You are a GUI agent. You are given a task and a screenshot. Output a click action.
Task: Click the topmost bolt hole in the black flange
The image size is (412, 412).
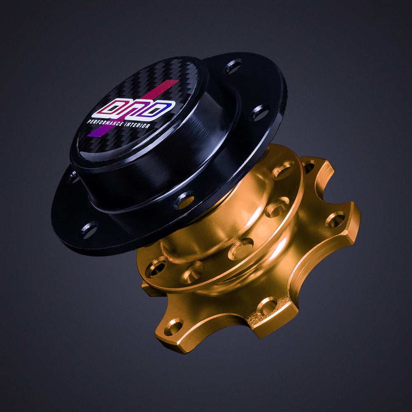234,66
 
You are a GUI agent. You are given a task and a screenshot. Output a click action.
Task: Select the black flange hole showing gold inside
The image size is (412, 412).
184,200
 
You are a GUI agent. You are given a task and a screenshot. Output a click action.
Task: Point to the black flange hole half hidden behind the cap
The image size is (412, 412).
74,178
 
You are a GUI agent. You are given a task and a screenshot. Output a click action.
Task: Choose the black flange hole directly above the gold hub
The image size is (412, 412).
260,112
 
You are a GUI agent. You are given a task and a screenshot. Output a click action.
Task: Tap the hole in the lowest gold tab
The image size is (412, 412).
173,328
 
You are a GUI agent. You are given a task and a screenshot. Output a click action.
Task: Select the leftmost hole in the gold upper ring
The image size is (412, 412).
156,268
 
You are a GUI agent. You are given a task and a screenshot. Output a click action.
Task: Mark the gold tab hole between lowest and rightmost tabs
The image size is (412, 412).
267,306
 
